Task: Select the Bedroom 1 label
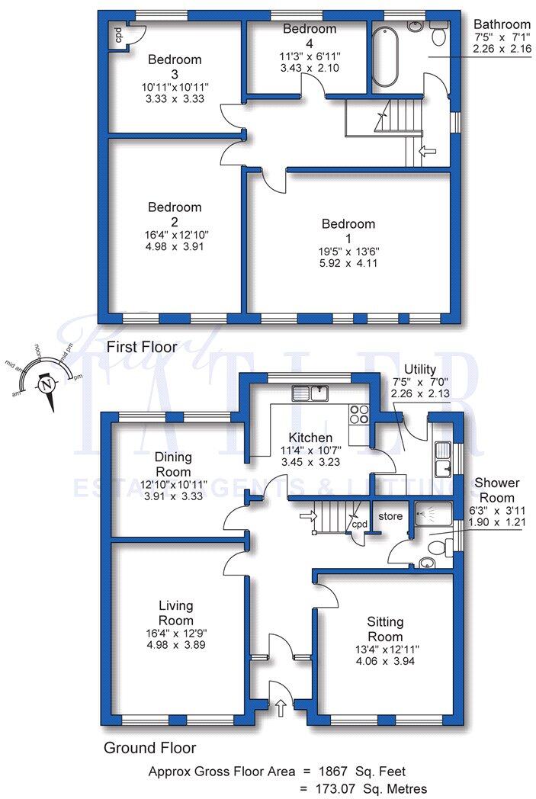point(348,231)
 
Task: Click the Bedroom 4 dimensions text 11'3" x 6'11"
point(310,56)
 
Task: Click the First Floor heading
point(142,347)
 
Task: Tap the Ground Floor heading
point(151,748)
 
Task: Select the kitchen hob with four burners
point(359,415)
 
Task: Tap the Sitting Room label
point(385,629)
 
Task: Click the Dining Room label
point(173,464)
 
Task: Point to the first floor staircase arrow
point(427,152)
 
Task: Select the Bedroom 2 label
point(175,213)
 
